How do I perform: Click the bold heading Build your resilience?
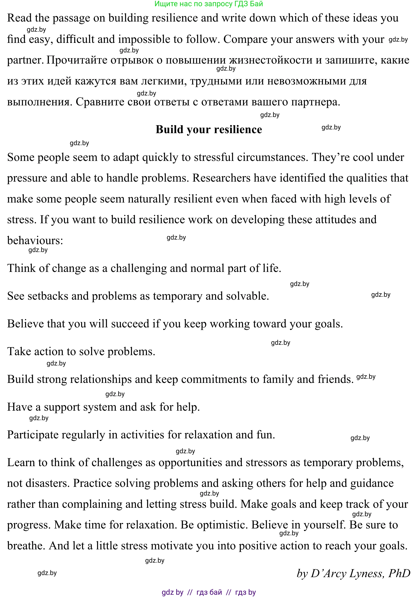209,129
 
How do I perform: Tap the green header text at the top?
209,4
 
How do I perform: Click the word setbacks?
48,296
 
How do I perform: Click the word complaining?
92,504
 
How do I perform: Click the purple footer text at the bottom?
209,592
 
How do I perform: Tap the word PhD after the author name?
399,573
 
